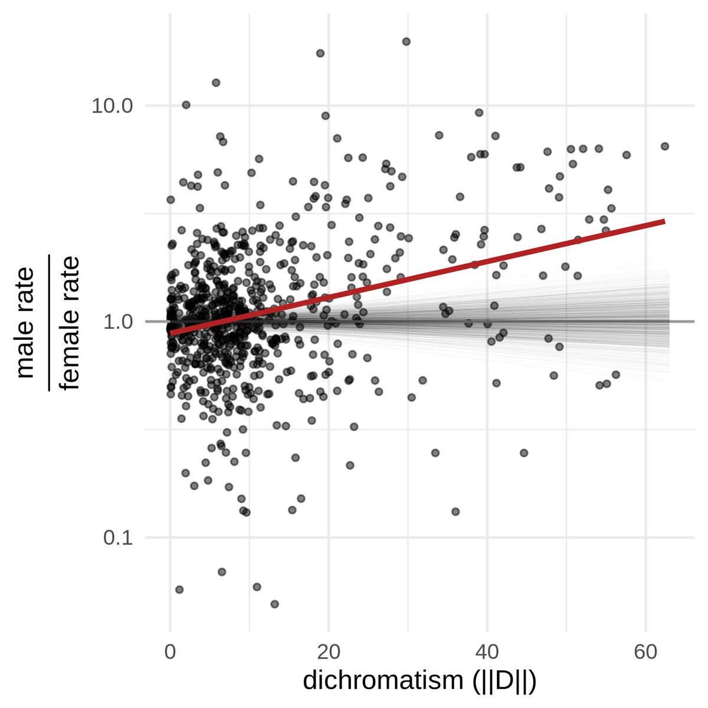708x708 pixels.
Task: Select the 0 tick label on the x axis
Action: point(171,653)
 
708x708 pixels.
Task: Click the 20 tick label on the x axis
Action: point(329,653)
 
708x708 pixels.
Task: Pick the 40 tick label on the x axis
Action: point(487,653)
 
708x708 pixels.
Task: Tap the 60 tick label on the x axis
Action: point(645,653)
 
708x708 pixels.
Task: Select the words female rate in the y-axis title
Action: point(70,322)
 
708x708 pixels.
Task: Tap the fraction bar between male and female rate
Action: point(48,322)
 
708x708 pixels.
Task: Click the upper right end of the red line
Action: point(664,221)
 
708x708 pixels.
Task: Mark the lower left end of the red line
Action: point(172,333)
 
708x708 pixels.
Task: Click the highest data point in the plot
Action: point(406,41)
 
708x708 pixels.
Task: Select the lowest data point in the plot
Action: point(274,604)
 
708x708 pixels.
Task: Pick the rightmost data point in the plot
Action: point(664,146)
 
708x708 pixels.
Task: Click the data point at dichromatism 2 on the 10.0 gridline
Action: point(186,104)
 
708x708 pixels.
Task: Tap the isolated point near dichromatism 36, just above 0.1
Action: point(455,511)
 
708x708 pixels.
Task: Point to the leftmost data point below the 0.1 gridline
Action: point(179,589)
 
